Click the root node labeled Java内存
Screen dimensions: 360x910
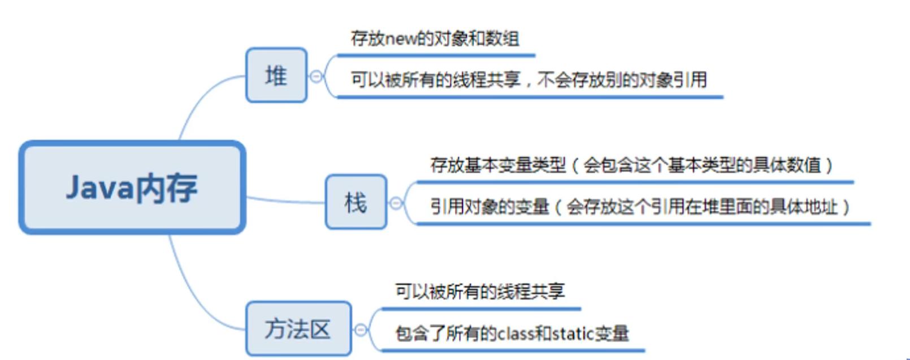click(x=132, y=188)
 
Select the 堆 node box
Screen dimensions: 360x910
click(x=276, y=75)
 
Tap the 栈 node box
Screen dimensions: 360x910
click(x=356, y=202)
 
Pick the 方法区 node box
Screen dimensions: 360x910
click(x=298, y=328)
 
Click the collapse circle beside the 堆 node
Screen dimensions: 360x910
click(x=317, y=76)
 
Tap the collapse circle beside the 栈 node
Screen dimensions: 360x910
click(x=396, y=203)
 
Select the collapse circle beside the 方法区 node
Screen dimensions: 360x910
click(x=361, y=329)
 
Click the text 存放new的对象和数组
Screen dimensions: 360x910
click(x=435, y=38)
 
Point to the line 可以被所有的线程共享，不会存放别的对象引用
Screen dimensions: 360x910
click(x=528, y=80)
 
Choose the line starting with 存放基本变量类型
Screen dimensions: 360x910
click(x=631, y=165)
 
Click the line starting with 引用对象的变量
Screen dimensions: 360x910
click(x=640, y=207)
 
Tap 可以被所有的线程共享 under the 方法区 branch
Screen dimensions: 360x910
click(x=479, y=292)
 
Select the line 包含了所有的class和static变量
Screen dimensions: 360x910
click(x=512, y=333)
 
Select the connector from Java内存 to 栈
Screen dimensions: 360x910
click(x=285, y=201)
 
